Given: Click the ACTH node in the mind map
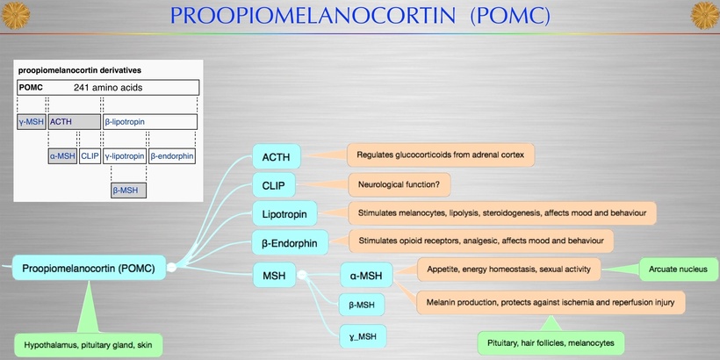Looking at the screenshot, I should coord(277,157).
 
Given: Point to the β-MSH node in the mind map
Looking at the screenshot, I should coord(363,305).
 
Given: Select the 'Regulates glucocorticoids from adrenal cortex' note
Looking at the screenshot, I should coord(441,155).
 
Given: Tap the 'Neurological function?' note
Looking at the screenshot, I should coord(405,184).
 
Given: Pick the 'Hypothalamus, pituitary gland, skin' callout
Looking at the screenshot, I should coord(89,345).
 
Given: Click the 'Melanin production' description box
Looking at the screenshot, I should coord(551,301).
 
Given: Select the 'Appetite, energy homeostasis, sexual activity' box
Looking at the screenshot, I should coord(509,268).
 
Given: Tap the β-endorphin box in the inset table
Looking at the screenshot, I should coord(172,156).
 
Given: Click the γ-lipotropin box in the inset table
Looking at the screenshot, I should coord(125,156).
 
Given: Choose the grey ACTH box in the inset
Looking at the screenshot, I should coord(74,122).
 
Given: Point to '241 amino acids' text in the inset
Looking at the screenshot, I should coord(108,88).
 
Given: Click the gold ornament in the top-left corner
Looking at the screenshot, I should coord(15,14).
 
